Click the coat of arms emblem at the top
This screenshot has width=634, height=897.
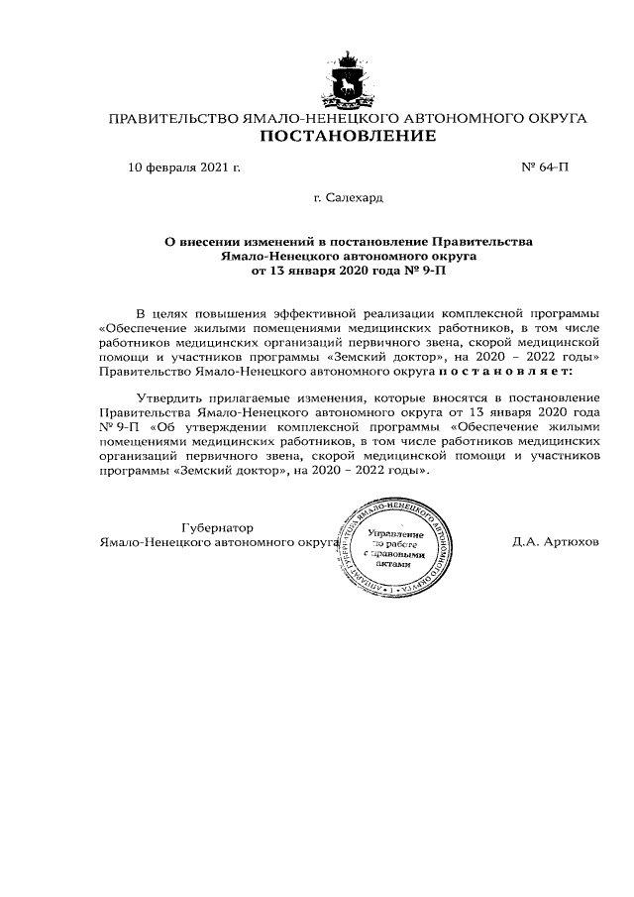[x=348, y=77]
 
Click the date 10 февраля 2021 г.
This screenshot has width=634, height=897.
[x=184, y=168]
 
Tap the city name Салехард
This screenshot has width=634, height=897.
[x=355, y=199]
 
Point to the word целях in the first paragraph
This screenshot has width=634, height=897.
[x=172, y=312]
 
